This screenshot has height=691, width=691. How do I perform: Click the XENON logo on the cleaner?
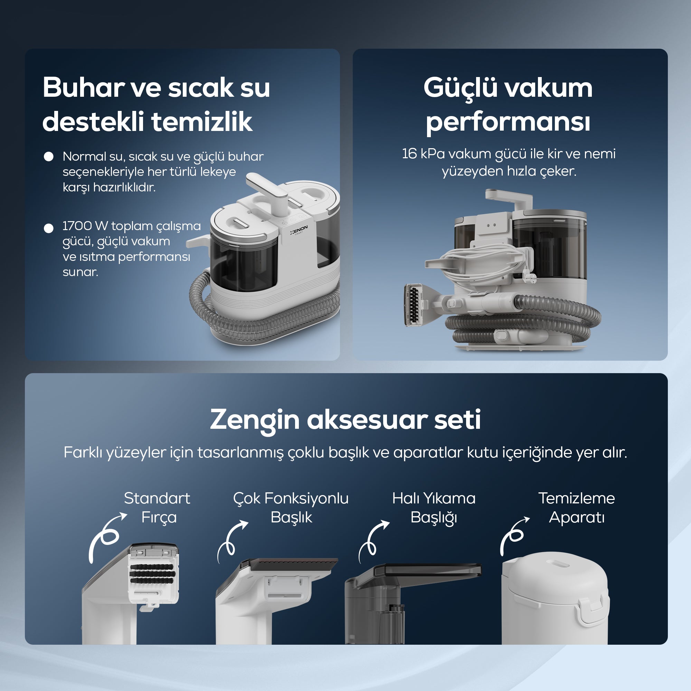coord(299,230)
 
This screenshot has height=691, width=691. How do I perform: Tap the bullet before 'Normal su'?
coord(49,156)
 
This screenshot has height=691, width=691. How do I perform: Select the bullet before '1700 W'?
coord(49,228)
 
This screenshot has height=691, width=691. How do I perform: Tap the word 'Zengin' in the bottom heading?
coord(255,420)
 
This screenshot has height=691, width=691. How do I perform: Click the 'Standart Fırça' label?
coord(157,508)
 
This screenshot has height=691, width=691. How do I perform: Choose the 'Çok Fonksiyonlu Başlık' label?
coord(291,508)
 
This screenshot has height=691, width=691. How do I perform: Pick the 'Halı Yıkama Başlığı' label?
coord(434,508)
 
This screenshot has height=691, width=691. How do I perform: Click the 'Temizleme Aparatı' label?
coord(577,508)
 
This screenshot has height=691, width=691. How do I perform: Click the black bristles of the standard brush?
coord(152,574)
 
